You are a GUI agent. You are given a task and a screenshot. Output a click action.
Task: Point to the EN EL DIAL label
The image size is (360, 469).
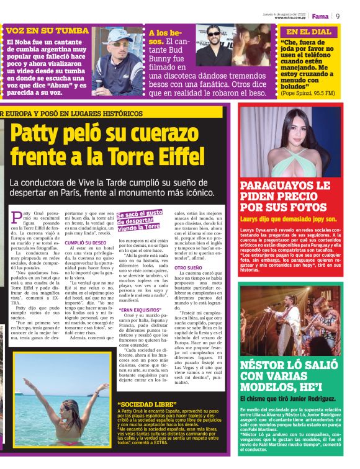308,32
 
